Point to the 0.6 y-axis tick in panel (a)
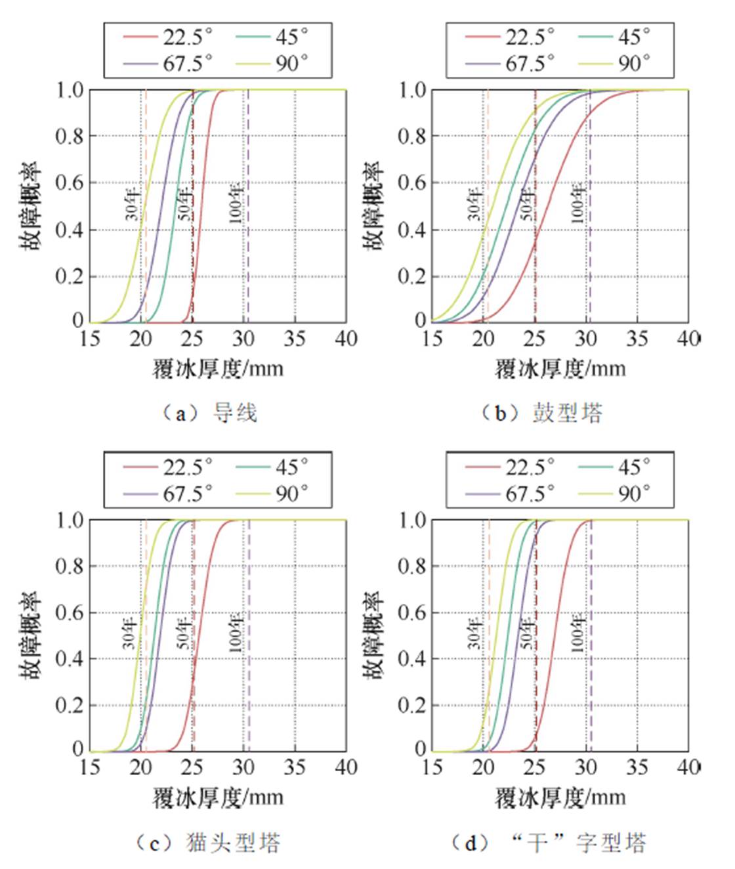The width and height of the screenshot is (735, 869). point(69,182)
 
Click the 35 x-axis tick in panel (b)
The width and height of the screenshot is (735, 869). point(637,339)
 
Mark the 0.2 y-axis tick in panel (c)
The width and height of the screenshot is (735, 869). point(69,706)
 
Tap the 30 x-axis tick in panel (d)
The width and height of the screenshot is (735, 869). point(586,767)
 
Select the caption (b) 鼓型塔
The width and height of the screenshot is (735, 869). point(542,413)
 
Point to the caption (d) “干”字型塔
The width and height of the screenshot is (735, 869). point(549,842)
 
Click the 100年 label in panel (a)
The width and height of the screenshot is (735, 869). point(236,203)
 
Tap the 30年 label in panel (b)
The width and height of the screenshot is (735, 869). point(475,205)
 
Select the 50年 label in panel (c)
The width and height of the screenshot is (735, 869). point(184,631)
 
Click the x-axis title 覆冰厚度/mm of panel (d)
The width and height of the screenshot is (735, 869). point(560,798)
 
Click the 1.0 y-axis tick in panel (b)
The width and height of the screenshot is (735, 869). point(413,90)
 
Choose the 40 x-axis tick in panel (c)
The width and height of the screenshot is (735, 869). point(346,767)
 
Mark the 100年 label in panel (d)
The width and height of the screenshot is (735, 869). point(577,632)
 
